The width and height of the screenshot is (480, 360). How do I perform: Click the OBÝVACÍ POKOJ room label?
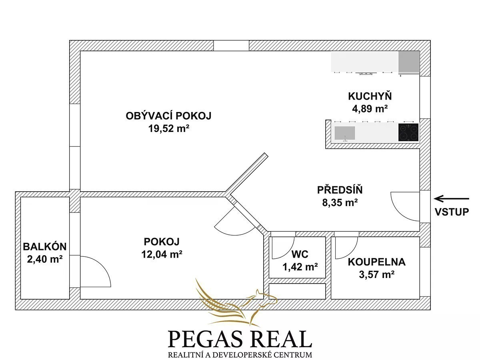168,116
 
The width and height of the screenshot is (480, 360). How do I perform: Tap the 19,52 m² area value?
169,128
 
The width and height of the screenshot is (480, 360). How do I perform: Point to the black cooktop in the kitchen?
408,132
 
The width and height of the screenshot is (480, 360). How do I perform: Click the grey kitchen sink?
345,133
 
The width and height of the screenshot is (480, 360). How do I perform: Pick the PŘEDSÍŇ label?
340,190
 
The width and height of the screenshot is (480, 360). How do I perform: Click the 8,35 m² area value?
340,202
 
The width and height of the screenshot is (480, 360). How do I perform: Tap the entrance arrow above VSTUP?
452,199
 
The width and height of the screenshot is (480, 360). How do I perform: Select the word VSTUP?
452,212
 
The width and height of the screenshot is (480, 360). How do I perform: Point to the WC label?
300,254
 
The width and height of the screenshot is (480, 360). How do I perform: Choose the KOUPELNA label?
376,262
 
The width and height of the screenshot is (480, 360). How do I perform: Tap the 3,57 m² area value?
376,274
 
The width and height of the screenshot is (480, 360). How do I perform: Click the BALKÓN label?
45,246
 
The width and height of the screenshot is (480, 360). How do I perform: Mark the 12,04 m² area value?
162,254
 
